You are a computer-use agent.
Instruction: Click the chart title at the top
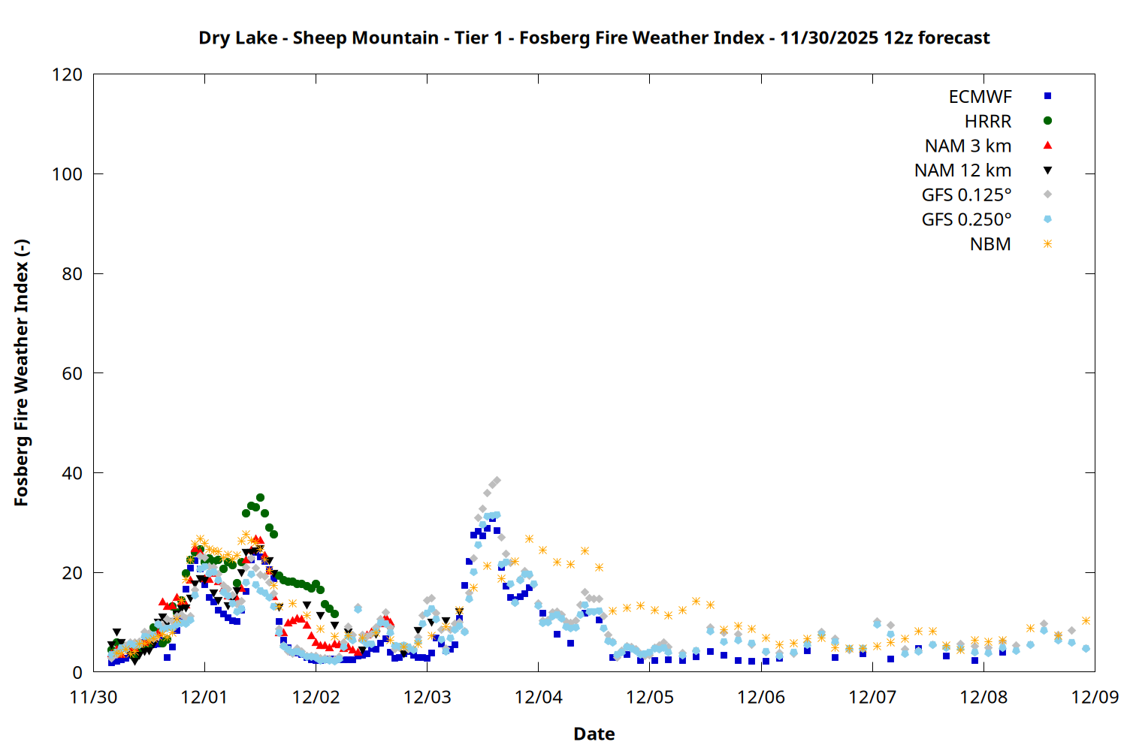tap(594, 38)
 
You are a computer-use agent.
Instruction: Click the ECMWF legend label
tap(980, 97)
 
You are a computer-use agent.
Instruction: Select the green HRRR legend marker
tap(1047, 121)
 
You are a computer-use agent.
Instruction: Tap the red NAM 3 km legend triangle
tap(1047, 145)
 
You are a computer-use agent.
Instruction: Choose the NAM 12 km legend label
tap(962, 170)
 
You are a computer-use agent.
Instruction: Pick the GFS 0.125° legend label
tap(966, 195)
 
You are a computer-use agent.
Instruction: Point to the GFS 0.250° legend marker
tap(1047, 219)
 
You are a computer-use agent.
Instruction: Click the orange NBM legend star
tap(1047, 244)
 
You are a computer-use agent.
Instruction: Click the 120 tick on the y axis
tap(67, 74)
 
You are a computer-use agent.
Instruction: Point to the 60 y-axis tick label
tap(72, 373)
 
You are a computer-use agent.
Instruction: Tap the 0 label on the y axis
tap(77, 672)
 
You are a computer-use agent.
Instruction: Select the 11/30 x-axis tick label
tap(93, 697)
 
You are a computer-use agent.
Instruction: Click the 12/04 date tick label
tap(539, 697)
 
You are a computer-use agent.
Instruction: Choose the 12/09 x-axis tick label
tap(1095, 697)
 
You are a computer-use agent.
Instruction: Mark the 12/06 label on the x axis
tap(761, 697)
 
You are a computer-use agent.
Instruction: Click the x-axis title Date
tap(594, 734)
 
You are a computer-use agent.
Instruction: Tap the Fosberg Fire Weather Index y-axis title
tap(21, 373)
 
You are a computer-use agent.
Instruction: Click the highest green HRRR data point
tap(260, 497)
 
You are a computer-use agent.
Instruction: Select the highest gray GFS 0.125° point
tap(497, 481)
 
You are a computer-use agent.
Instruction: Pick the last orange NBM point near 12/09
tap(1086, 620)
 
